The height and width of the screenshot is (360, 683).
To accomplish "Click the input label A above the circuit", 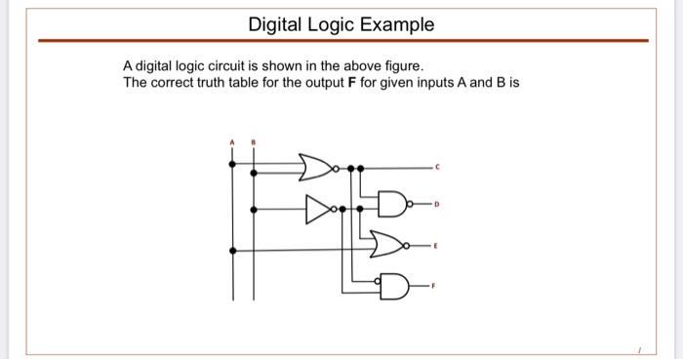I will [x=231, y=142].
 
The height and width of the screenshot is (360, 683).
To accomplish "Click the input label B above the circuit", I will [x=255, y=142].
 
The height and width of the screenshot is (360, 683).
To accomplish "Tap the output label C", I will [x=438, y=168].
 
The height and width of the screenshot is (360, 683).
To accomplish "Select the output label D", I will [x=438, y=205].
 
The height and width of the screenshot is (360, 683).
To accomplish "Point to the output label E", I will [x=438, y=247].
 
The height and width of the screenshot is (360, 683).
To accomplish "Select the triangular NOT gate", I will [x=318, y=207].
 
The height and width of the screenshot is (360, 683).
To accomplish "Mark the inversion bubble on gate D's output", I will [x=410, y=207].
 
